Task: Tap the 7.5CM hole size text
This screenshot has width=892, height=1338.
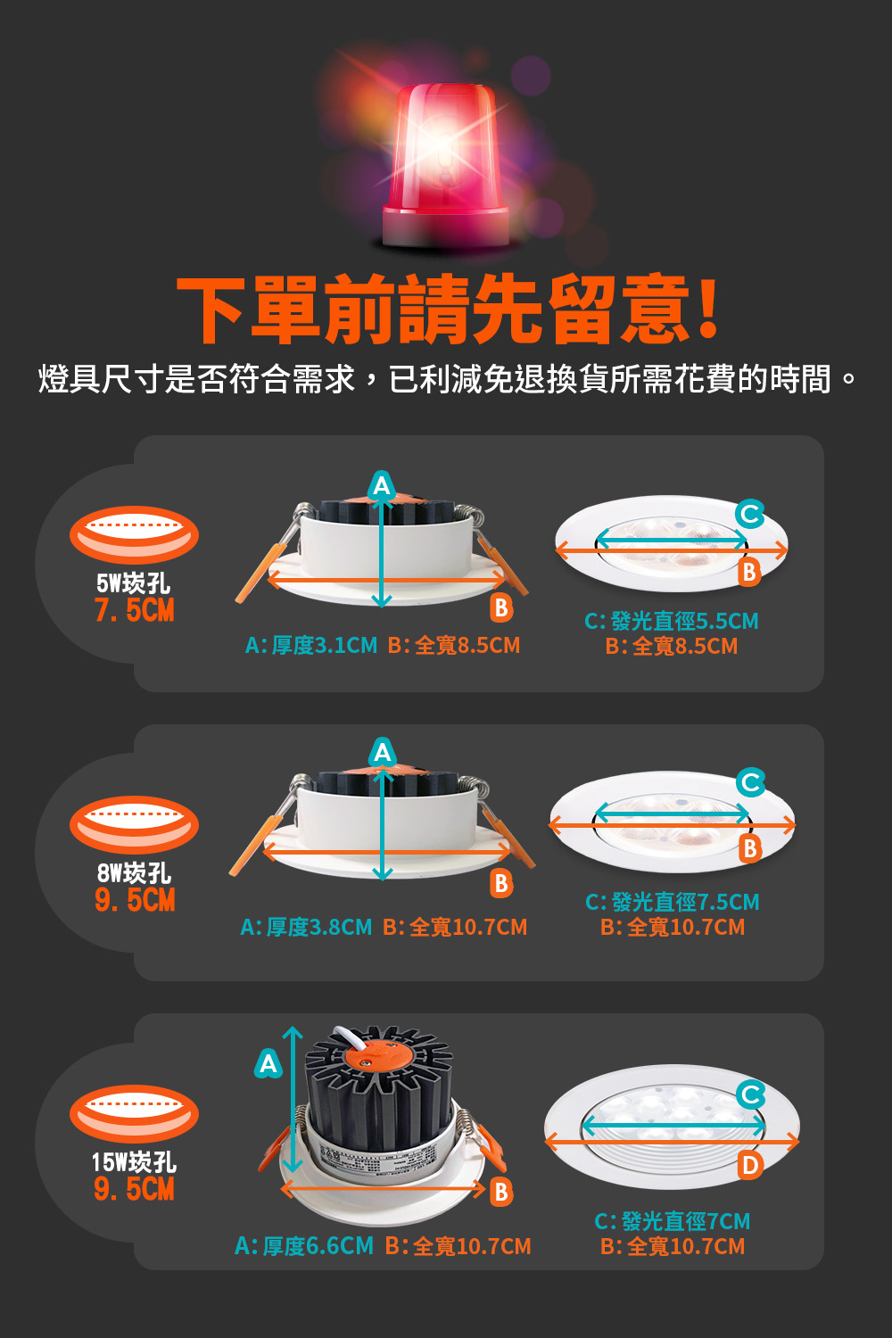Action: (x=135, y=610)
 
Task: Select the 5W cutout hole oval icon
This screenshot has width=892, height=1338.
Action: (x=135, y=535)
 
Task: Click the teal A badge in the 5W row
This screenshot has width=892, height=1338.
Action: (x=383, y=485)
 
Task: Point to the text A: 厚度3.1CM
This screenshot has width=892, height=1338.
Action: (x=311, y=645)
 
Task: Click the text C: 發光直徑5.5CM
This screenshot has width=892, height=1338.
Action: (x=672, y=621)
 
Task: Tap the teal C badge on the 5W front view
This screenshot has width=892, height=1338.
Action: (x=750, y=514)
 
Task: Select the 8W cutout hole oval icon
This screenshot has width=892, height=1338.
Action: (x=135, y=824)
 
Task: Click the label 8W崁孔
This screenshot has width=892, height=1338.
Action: (x=135, y=873)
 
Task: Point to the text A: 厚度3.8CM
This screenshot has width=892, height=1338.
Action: (x=306, y=927)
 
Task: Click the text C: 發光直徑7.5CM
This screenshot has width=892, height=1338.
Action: (x=673, y=902)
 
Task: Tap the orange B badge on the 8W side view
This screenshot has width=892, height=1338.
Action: (x=502, y=883)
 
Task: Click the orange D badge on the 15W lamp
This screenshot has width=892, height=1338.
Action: (x=750, y=1164)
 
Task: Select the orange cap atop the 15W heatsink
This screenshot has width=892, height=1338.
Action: (x=372, y=1054)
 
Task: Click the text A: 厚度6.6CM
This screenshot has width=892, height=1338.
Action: (x=304, y=1246)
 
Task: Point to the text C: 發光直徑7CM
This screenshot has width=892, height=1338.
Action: (x=673, y=1221)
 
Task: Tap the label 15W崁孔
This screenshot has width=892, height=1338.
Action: (x=135, y=1162)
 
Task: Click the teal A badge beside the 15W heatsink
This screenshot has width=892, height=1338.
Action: (x=268, y=1064)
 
